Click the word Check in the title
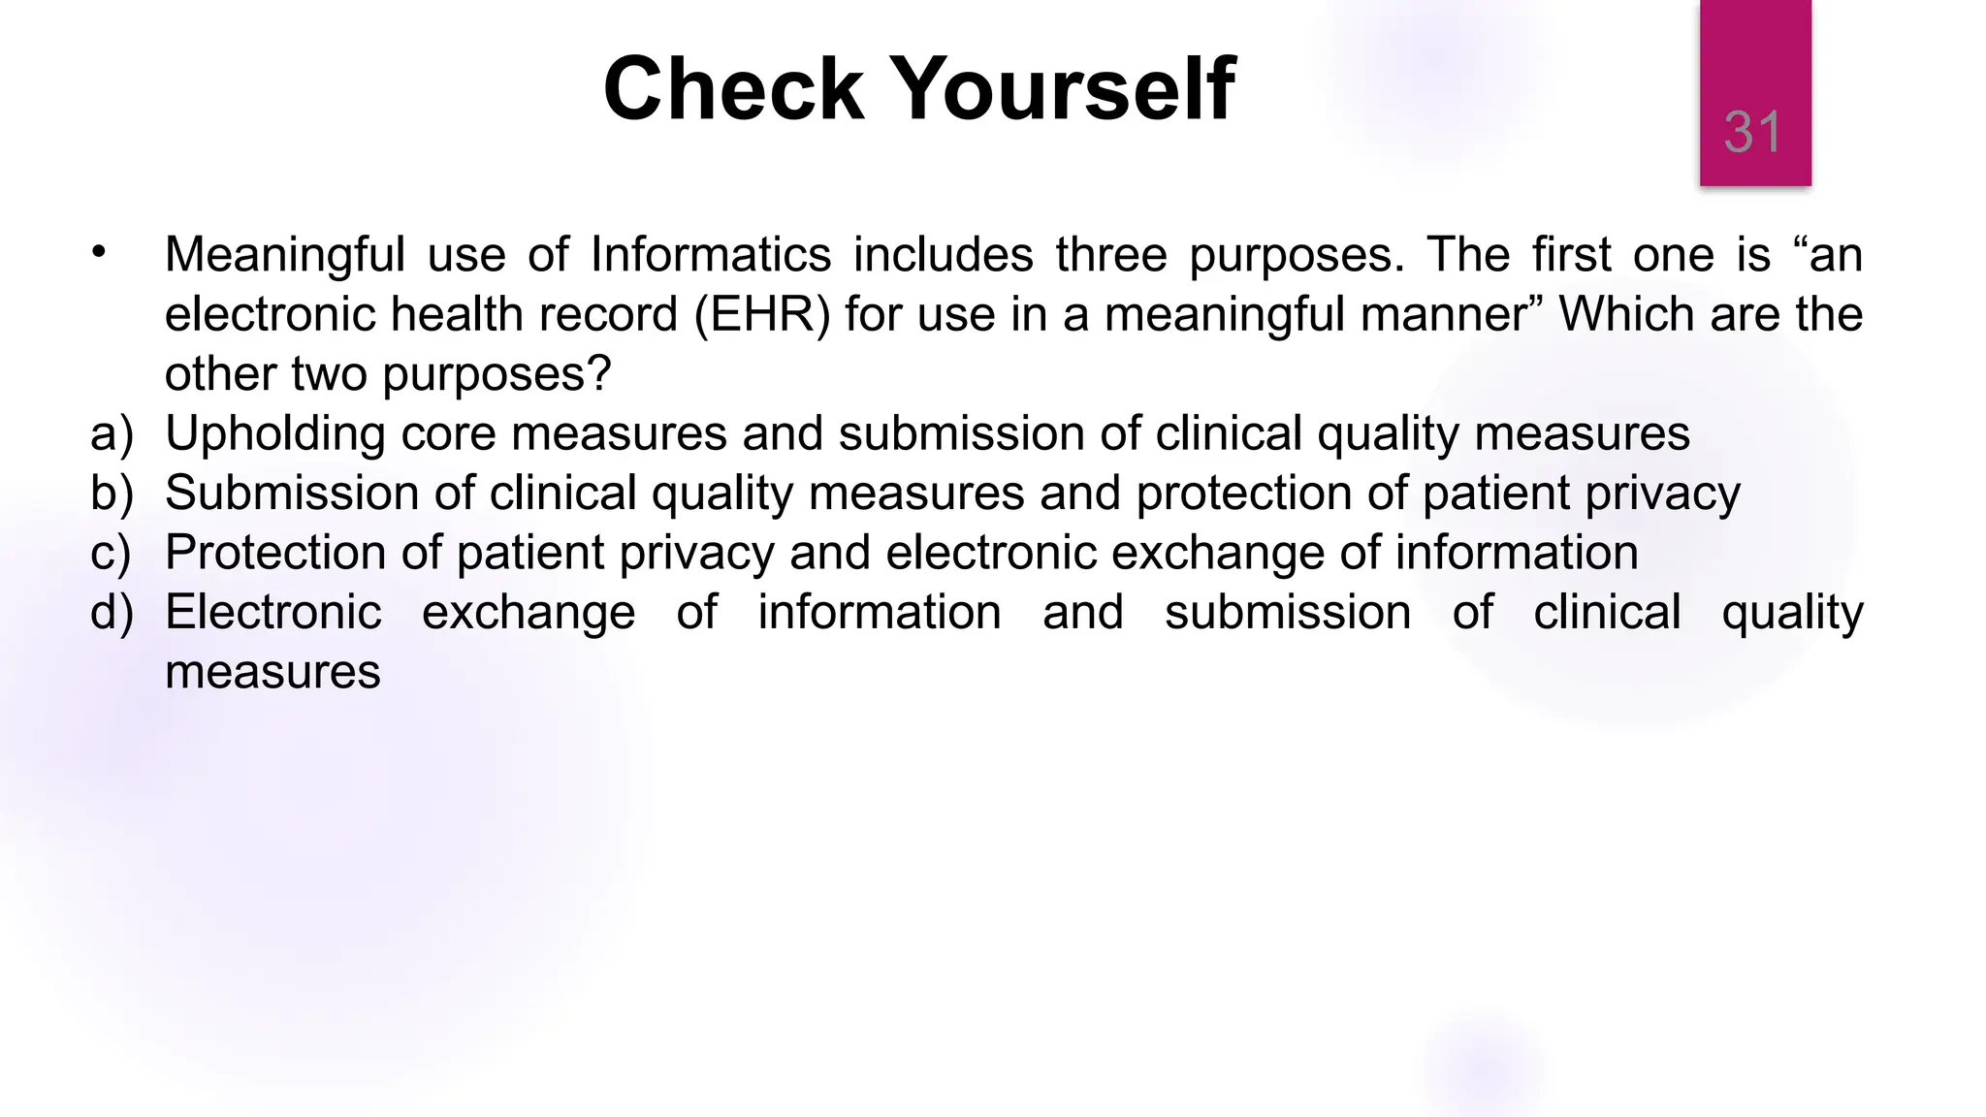coord(732,89)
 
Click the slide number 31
coord(1752,132)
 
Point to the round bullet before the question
coord(98,253)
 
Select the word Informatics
coord(711,255)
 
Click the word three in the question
coord(1111,255)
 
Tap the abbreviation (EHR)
coord(762,315)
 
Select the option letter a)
coord(112,433)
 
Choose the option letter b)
coord(112,493)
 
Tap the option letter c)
coord(111,553)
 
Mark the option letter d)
coord(112,613)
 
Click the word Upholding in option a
coord(274,433)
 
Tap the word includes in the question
coord(944,255)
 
